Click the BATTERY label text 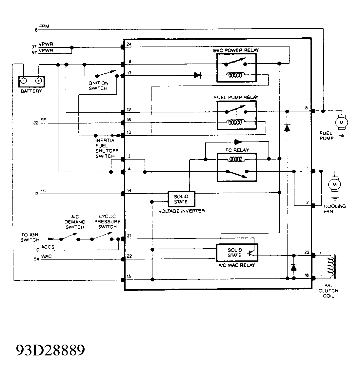(x=31, y=91)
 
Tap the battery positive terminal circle (x=38, y=81)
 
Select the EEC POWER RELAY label (x=236, y=50)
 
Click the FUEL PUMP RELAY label (x=236, y=97)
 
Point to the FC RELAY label (x=237, y=150)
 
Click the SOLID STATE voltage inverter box (x=181, y=199)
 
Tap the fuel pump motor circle (x=341, y=123)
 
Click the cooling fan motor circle (x=335, y=184)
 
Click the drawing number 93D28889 (x=50, y=350)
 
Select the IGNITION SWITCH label (x=98, y=85)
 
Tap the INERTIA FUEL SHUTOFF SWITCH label (x=105, y=148)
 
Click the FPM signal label (x=44, y=26)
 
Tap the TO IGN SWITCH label (x=30, y=237)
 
